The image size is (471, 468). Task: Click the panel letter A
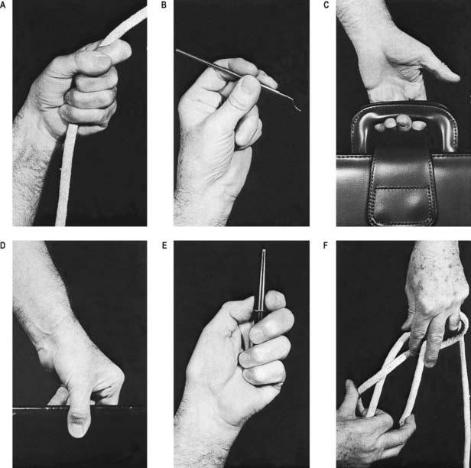3,5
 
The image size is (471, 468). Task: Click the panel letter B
164,5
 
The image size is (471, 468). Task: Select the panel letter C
326,5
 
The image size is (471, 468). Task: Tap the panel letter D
3,245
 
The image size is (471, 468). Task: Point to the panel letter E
164,245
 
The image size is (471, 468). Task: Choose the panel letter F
326,245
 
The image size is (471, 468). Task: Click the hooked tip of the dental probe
297,107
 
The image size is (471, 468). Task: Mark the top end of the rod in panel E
264,251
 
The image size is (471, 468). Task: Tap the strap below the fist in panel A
65,175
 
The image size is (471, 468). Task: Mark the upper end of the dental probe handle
178,50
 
